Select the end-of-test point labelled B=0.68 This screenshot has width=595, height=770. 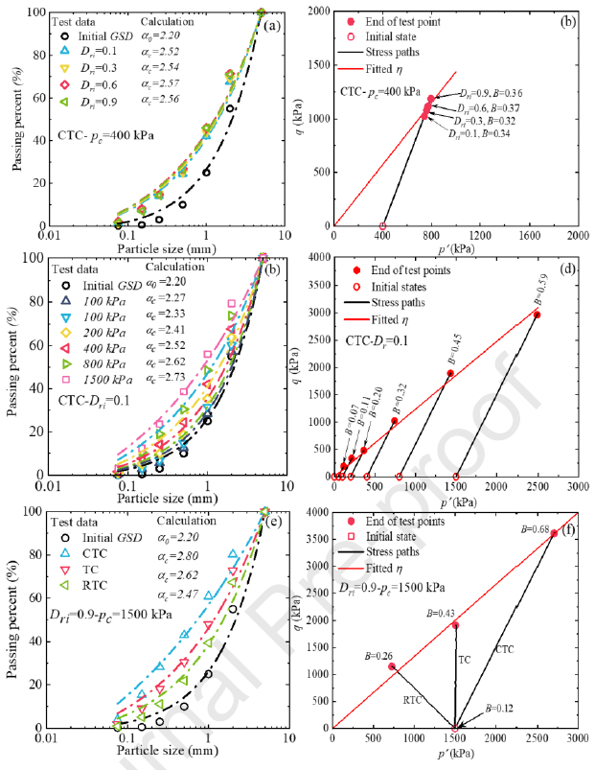pyautogui.click(x=553, y=533)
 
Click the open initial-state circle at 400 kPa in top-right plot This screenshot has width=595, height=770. pyautogui.click(x=382, y=226)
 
